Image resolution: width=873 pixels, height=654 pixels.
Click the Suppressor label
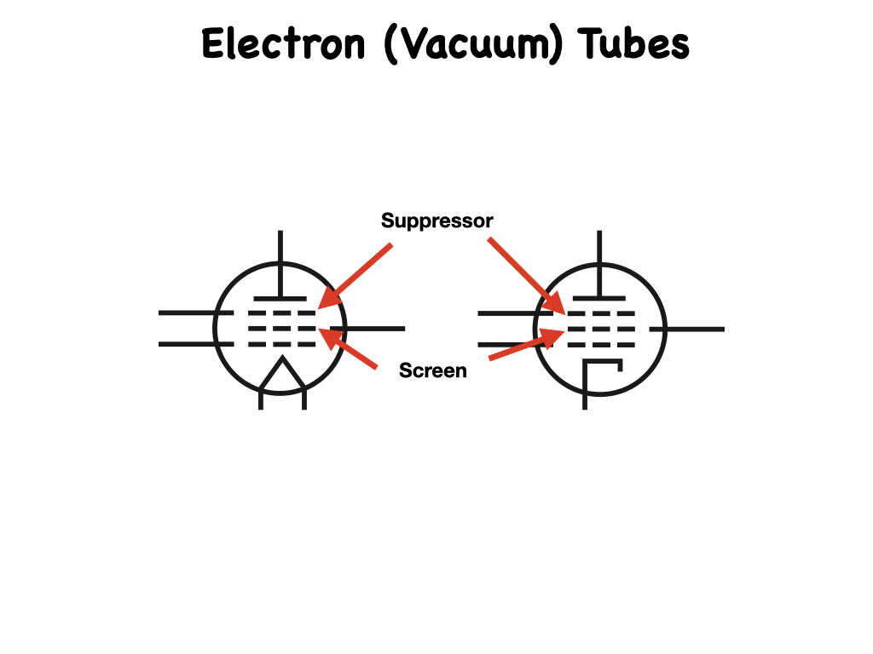click(436, 221)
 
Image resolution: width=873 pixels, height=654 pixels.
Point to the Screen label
click(433, 371)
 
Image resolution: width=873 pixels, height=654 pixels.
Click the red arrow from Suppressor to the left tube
click(356, 274)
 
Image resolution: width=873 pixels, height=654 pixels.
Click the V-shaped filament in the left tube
click(282, 379)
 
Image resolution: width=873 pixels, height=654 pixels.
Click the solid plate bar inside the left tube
click(281, 298)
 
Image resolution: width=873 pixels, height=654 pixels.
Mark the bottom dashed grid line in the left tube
click(281, 344)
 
